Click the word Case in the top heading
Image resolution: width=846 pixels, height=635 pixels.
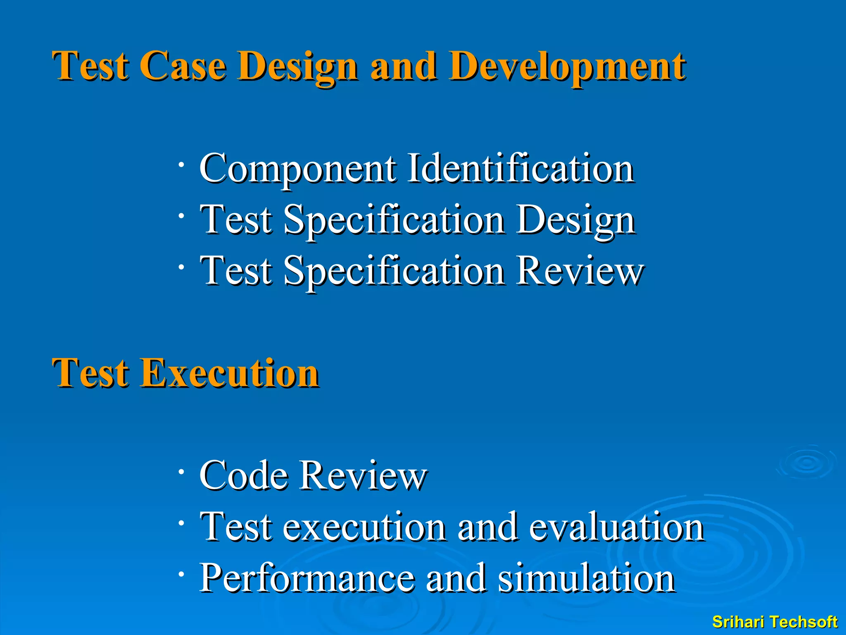(183, 66)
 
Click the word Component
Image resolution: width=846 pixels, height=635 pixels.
(297, 169)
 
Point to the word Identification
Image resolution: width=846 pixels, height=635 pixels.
(520, 168)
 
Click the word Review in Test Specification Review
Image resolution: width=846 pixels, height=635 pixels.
(580, 271)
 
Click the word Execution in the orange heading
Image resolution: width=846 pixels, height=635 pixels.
(230, 373)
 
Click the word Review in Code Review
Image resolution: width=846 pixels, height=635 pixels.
(363, 475)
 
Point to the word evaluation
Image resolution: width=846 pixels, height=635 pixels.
(616, 527)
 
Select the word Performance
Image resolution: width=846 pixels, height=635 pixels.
(307, 578)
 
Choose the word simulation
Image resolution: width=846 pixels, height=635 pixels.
(586, 578)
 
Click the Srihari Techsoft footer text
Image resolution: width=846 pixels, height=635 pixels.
(775, 622)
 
